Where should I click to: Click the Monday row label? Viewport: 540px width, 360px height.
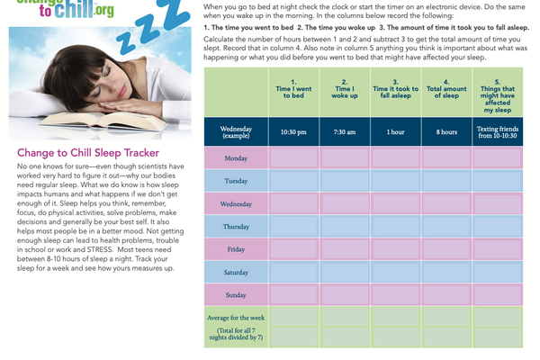click(236, 157)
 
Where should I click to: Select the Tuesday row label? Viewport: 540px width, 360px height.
click(236, 180)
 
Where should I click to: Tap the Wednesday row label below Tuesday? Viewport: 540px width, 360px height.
click(236, 203)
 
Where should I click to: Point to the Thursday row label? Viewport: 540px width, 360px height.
click(236, 226)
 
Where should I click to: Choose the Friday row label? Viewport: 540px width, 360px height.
click(236, 248)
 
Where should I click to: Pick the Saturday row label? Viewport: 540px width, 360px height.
click(236, 271)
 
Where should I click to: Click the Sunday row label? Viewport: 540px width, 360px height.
click(236, 293)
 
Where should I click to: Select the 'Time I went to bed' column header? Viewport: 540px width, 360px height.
click(293, 91)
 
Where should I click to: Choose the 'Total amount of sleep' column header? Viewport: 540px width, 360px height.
click(446, 91)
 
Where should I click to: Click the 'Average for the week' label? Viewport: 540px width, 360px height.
click(236, 318)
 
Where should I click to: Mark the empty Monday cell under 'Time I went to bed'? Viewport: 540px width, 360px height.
click(293, 157)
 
